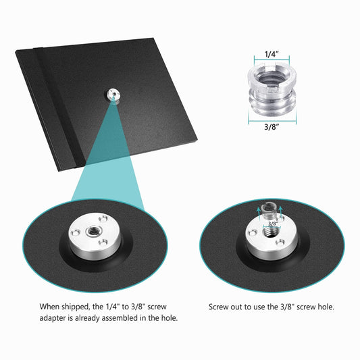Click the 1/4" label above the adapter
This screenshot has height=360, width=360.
click(272, 54)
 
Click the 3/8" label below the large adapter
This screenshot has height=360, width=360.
click(272, 126)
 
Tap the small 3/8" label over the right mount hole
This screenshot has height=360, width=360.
click(272, 223)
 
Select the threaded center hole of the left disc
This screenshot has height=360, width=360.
click(93, 231)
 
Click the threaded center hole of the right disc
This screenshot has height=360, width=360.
click(270, 233)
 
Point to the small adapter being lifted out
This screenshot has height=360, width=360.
click(268, 210)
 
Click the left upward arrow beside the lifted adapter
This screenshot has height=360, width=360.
click(259, 212)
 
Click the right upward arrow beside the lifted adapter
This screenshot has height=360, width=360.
click(280, 211)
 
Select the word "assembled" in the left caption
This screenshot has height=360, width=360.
click(120, 318)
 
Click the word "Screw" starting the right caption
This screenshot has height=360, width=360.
click(218, 307)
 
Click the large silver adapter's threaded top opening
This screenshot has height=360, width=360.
click(272, 78)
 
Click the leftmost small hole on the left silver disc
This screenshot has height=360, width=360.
click(74, 234)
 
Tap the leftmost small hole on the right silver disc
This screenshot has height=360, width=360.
click(252, 234)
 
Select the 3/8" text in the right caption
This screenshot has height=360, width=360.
click(287, 307)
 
